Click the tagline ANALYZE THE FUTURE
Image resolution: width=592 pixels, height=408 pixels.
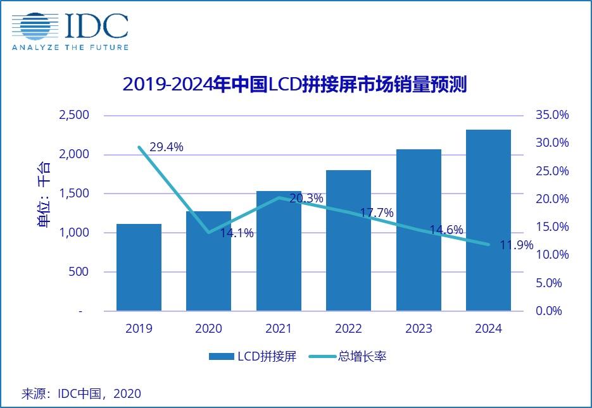click(x=70, y=47)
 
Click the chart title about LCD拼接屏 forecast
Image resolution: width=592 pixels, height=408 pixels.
click(x=294, y=85)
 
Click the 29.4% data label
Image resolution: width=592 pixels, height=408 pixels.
click(x=167, y=147)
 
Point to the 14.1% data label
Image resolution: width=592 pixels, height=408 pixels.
click(x=237, y=233)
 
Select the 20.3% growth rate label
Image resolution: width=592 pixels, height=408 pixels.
click(x=306, y=199)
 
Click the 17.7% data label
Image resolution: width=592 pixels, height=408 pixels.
click(x=377, y=213)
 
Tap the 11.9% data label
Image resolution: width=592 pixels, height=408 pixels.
click(x=517, y=245)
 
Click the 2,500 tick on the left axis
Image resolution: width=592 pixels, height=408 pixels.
click(x=75, y=115)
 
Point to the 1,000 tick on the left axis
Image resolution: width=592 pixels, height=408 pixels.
click(x=75, y=233)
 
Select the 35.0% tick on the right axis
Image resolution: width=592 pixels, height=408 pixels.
click(x=552, y=115)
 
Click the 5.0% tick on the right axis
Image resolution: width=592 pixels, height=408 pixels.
click(x=548, y=283)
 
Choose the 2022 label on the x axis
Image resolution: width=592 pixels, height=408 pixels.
click(x=348, y=329)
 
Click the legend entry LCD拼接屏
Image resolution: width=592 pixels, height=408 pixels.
click(x=253, y=357)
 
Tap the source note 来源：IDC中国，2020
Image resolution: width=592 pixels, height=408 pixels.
click(x=82, y=393)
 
